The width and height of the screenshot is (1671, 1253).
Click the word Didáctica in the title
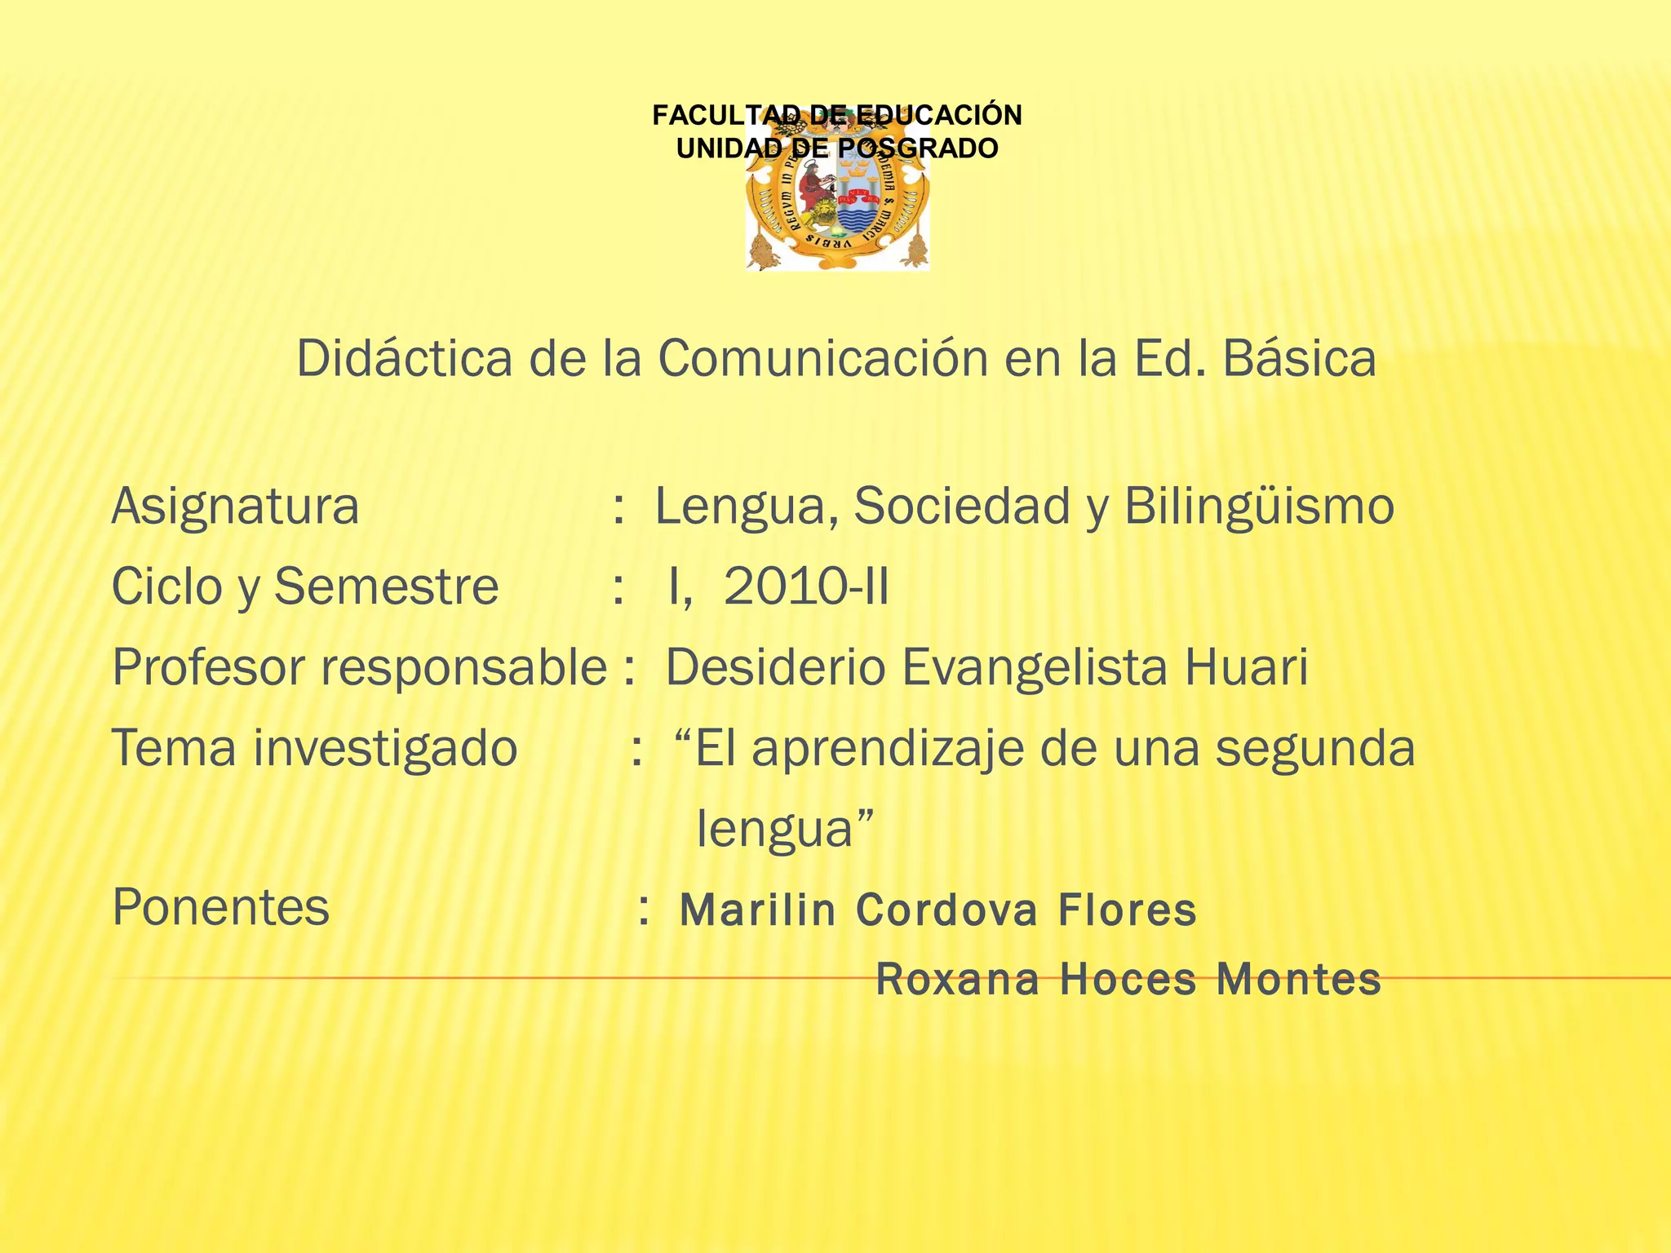405,358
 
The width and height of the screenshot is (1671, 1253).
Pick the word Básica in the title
1299,358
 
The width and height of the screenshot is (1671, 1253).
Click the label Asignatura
235,507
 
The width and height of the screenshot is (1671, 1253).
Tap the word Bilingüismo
1259,507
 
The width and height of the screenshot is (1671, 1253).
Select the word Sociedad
961,507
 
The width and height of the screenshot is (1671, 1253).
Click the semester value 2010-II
806,587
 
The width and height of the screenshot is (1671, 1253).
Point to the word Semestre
386,587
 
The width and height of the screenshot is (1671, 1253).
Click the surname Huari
1246,667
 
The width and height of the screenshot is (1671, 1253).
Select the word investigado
385,748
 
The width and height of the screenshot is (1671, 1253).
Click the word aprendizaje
887,748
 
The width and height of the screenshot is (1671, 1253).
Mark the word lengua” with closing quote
785,829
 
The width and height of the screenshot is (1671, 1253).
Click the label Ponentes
221,907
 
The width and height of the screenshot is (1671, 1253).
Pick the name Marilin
758,910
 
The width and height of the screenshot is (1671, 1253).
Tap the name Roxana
958,980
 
